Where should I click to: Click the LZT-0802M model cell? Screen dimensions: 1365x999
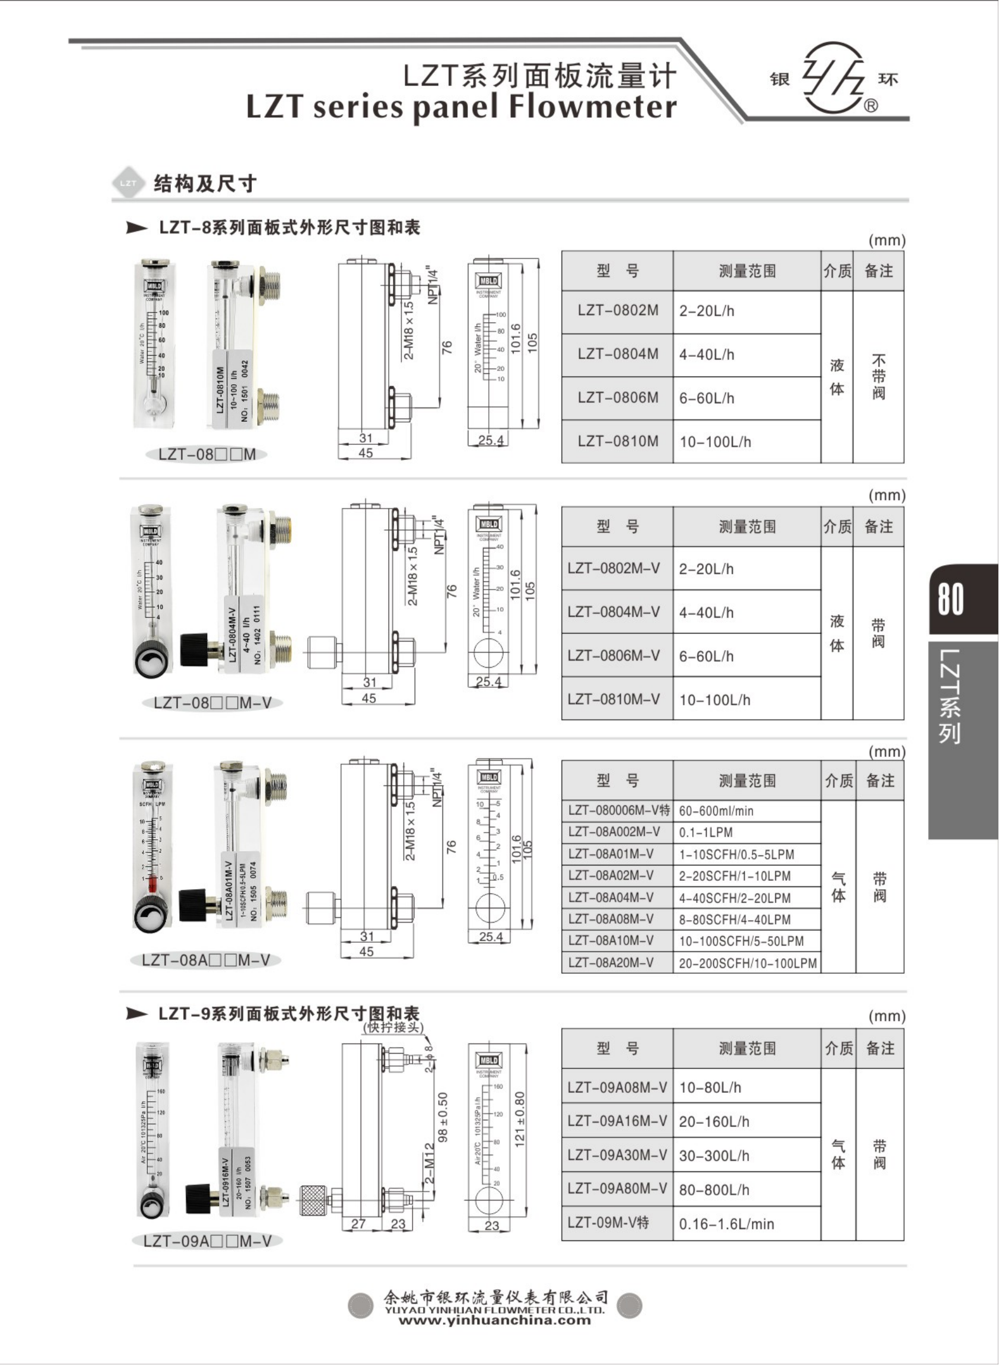tap(617, 311)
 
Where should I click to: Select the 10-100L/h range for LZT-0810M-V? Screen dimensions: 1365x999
tap(715, 700)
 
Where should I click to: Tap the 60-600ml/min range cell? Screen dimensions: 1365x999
tap(716, 811)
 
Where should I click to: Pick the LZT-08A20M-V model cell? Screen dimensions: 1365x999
tap(611, 962)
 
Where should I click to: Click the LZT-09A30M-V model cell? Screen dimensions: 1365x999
tap(617, 1155)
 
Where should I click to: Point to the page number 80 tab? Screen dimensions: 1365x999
tap(951, 599)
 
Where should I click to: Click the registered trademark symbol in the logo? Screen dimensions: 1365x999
tap(871, 107)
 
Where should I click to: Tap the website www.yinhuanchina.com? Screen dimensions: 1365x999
tap(495, 1320)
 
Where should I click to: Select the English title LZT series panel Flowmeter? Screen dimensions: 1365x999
tap(461, 107)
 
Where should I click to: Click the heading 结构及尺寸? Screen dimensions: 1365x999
tap(205, 183)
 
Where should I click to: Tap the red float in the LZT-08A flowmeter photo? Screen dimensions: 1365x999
tap(152, 885)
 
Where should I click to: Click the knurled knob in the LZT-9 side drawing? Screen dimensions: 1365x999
tap(314, 1200)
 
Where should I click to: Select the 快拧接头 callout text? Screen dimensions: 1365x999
tap(394, 1027)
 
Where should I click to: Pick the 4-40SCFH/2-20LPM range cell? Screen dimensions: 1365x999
tap(734, 898)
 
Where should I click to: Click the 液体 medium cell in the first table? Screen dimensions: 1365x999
tap(837, 377)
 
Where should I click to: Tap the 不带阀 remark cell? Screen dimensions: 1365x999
tap(879, 377)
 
